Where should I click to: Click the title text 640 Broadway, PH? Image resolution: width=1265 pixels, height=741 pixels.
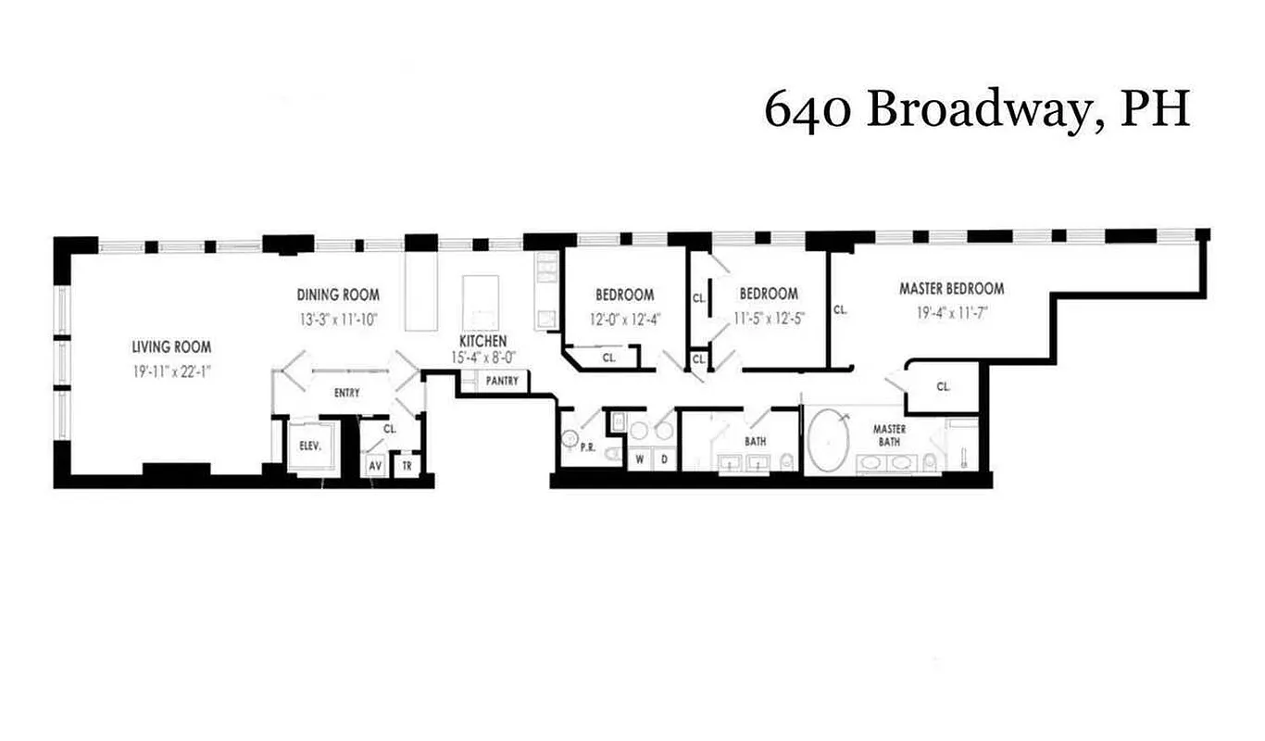tap(976, 110)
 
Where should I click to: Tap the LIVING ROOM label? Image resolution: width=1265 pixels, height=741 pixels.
tap(170, 347)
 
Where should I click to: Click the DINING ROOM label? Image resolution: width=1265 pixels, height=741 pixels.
tap(338, 295)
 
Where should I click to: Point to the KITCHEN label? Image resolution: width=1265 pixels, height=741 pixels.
tap(482, 341)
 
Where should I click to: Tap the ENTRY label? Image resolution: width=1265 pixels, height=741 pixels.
tap(346, 394)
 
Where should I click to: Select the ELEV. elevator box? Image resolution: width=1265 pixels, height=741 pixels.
tap(309, 446)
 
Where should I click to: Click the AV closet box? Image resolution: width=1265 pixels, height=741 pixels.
tap(376, 466)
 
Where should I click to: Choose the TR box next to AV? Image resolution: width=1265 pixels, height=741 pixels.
tap(406, 466)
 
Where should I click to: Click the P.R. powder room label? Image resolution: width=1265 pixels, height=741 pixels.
tap(586, 446)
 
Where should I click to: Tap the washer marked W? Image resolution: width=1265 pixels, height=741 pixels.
tap(639, 458)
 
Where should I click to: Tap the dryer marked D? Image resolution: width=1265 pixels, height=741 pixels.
tap(664, 458)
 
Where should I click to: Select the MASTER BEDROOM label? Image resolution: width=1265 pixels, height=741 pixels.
tap(951, 289)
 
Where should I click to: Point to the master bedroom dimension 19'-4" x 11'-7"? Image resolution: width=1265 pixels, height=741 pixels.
tap(951, 312)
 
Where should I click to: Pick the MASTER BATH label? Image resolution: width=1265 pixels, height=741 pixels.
tap(889, 435)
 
